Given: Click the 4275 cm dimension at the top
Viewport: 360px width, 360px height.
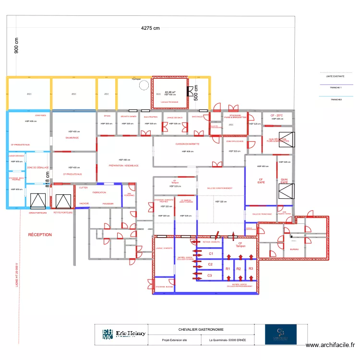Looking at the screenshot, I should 150,28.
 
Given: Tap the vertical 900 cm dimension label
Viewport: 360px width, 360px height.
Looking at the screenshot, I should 16,46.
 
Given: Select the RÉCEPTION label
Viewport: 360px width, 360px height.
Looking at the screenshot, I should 40,235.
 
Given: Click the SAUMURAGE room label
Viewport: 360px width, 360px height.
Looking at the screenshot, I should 72,138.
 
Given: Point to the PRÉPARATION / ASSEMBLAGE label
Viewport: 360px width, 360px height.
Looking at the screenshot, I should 124,166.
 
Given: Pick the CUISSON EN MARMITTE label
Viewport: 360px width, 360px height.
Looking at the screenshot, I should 187,144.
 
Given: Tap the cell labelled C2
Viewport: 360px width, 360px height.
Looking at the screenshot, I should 210,264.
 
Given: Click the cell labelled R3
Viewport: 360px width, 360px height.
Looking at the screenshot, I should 251,268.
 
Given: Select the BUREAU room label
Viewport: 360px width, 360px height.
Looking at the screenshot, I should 295,250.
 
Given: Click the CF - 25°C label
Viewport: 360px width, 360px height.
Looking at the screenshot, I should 276,116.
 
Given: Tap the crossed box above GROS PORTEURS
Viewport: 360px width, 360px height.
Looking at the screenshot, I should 37,201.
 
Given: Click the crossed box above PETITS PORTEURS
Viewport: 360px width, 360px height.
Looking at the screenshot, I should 62,201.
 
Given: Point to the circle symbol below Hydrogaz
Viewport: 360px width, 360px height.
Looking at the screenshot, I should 143,85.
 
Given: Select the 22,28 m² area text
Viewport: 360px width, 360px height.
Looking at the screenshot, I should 170,92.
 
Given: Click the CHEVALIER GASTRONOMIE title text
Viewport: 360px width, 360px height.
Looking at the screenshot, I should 201,330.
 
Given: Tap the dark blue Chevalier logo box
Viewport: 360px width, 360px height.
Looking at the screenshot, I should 281,335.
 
